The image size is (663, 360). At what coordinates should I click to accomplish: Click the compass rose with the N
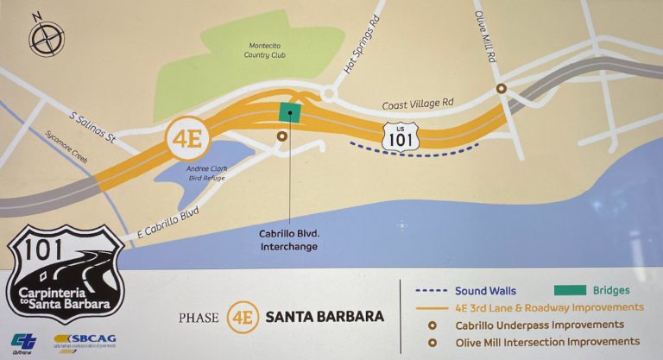pyautogui.click(x=46, y=36)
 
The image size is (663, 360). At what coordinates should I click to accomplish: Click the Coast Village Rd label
pyautogui.click(x=418, y=103)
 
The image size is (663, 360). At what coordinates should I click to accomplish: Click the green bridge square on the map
pyautogui.click(x=290, y=112)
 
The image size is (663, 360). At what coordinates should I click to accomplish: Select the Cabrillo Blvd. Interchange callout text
pyautogui.click(x=289, y=239)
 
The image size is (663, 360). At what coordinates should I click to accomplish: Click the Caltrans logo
pyautogui.click(x=24, y=342)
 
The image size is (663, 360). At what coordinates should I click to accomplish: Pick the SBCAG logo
pyautogui.click(x=84, y=342)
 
